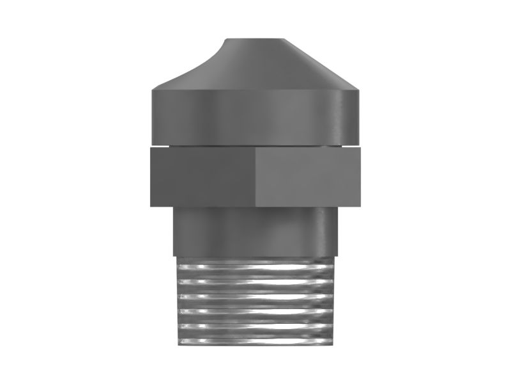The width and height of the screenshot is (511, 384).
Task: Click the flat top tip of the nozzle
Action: [x=256, y=40]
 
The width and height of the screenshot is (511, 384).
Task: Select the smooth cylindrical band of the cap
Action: [x=256, y=115]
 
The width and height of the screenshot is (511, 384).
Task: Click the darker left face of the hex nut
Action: [x=202, y=177]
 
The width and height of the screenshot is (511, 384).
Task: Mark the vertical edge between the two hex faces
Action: [x=256, y=177]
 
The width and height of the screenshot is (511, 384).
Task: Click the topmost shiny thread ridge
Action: [x=256, y=266]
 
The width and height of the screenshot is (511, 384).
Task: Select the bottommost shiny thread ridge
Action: [x=256, y=340]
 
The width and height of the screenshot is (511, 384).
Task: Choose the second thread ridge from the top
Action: [x=256, y=281]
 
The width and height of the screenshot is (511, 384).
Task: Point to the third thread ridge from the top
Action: [x=256, y=296]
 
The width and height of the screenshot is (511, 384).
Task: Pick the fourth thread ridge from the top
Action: [x=256, y=311]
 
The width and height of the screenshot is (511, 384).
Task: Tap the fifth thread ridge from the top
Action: [x=256, y=326]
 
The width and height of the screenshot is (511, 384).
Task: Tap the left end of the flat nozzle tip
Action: [x=225, y=42]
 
